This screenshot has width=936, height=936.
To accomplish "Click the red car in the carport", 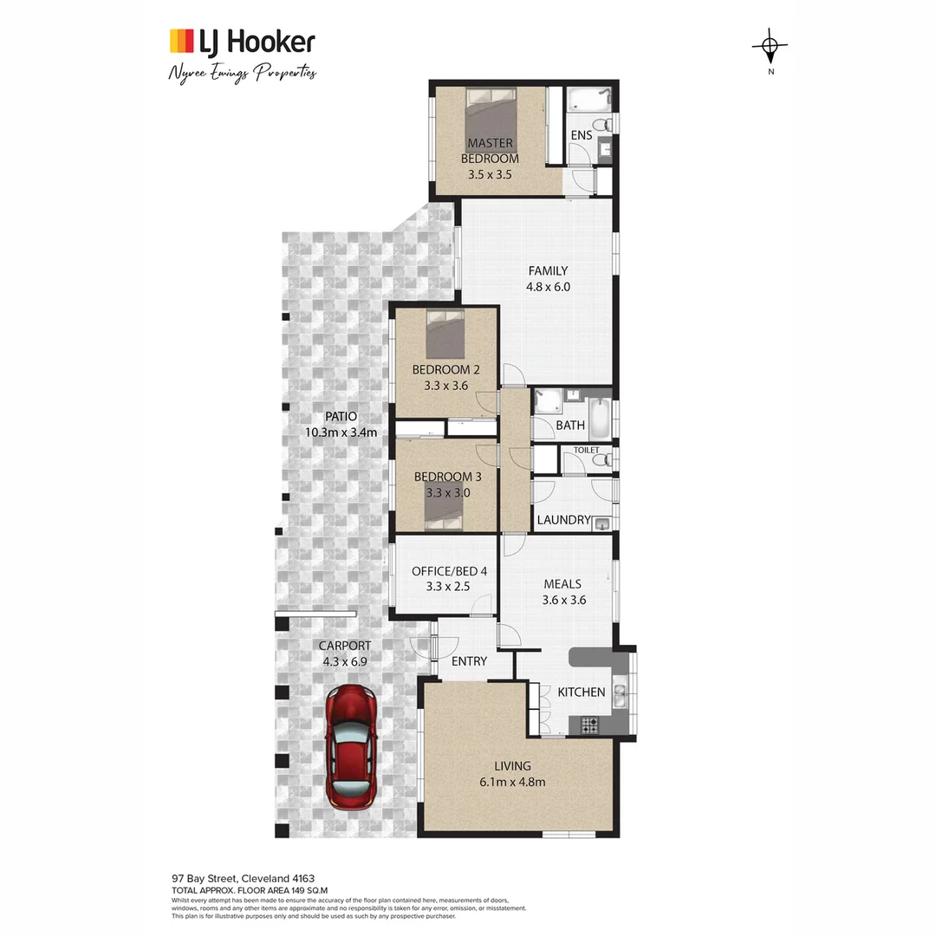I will tap(351, 744).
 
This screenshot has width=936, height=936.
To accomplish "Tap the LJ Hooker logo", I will tap(242, 42).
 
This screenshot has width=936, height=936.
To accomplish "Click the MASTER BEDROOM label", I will tap(490, 151).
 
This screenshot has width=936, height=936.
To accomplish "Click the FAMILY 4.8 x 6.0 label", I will tap(547, 278).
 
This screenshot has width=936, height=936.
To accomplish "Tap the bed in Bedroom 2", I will tap(445, 334).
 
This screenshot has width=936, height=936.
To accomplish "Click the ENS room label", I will tap(582, 136).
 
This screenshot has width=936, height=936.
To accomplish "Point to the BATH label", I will tap(570, 426).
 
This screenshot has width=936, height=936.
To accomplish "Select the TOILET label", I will tap(586, 450).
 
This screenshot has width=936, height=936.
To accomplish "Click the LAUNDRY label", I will tap(563, 521).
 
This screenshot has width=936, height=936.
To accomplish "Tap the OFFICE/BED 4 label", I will tap(449, 579).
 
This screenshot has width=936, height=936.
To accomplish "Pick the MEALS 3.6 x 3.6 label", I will tap(562, 592).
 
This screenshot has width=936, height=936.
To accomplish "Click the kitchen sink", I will tap(621, 694).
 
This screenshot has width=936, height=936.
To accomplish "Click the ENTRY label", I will tap(469, 661).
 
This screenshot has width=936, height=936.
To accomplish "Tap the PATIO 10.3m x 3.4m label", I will tap(341, 424).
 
